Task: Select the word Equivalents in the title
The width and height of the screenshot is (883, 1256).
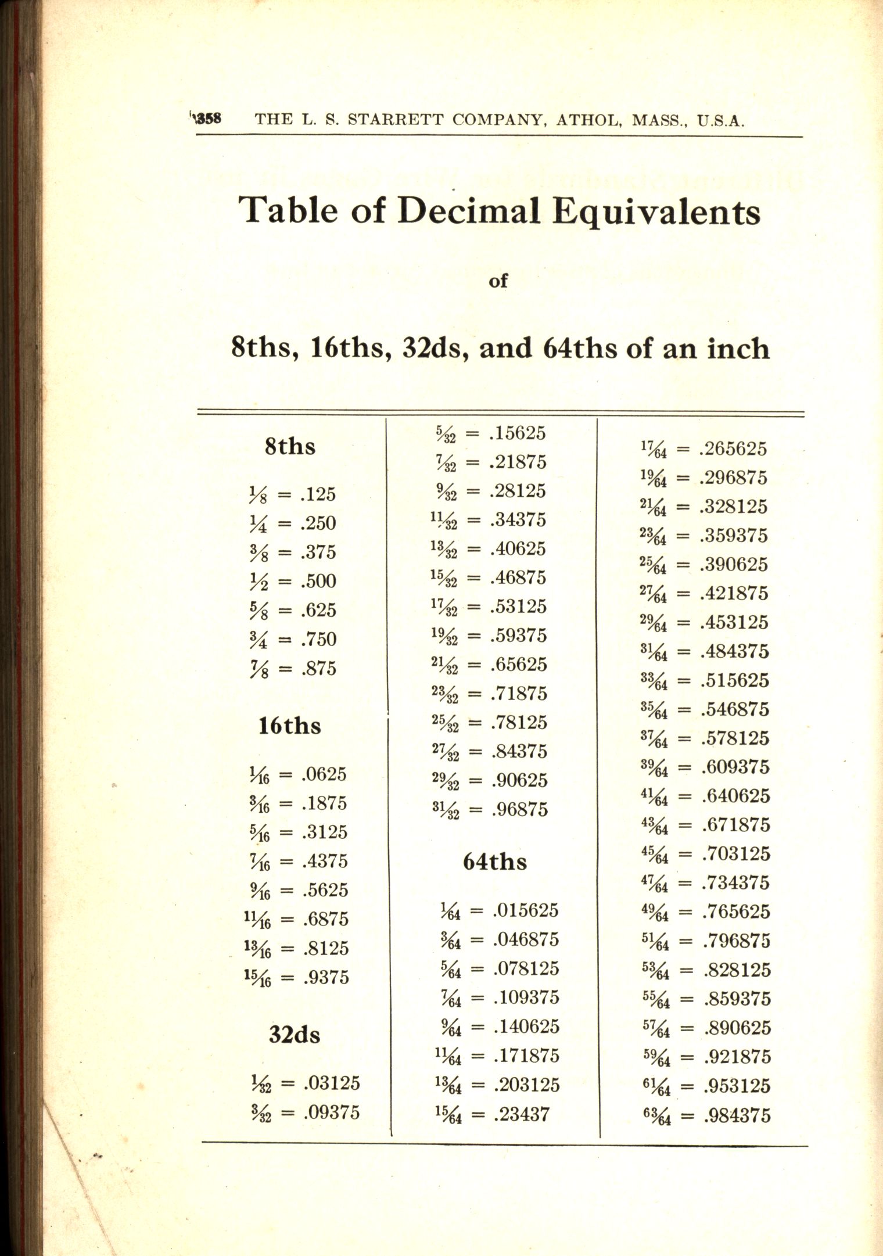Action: [655, 213]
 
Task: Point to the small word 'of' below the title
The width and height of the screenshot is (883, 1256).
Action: [498, 281]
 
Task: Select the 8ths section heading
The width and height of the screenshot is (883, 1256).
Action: [290, 447]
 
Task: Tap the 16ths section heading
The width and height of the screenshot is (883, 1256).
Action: [289, 726]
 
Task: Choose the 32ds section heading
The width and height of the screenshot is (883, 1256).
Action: [294, 1035]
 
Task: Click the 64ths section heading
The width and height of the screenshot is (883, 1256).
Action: [495, 862]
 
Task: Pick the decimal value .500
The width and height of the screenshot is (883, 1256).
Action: [318, 581]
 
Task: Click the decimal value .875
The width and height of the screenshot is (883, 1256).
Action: [318, 668]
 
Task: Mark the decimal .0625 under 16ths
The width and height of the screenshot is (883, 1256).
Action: [324, 774]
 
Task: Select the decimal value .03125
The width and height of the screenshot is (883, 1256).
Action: [331, 1083]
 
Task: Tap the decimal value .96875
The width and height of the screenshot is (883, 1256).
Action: [519, 809]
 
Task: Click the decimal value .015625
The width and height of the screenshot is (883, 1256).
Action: [525, 910]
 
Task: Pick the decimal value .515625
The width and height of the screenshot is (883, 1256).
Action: [734, 680]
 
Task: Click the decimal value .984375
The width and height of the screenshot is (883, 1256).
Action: [736, 1115]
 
